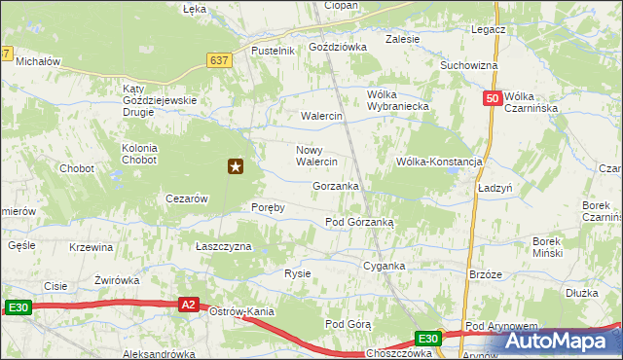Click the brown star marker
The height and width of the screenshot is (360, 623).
tap(236, 167)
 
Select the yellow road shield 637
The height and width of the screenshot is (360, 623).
tap(219, 60)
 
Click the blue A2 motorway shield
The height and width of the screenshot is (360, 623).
tap(190, 305)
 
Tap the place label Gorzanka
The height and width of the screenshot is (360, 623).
tap(336, 186)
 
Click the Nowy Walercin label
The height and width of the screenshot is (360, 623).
tap(316, 156)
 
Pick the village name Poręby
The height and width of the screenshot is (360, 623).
tap(268, 208)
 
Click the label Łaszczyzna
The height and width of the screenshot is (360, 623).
tap(224, 247)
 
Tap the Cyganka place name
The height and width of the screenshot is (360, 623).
tap(384, 266)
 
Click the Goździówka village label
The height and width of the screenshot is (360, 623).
tap(337, 46)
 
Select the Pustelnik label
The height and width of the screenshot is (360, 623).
tap(273, 51)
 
